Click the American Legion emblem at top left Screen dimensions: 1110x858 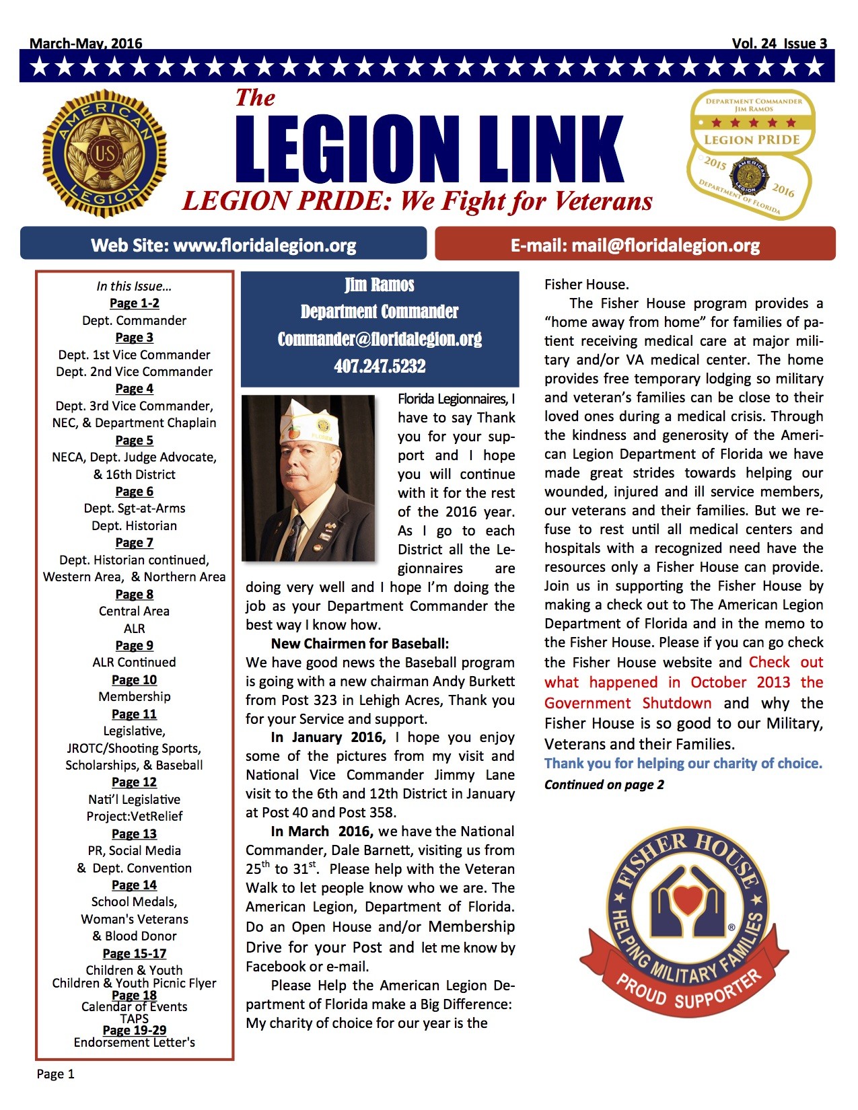104,154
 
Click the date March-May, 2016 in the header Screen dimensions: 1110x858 86,44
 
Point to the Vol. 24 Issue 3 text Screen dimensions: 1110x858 779,44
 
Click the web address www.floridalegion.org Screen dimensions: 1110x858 264,246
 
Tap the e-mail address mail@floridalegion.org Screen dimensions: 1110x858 665,246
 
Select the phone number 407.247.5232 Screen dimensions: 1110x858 380,367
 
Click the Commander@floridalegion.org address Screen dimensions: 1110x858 380,339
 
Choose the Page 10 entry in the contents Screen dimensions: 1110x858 135,679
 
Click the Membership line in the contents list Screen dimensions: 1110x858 135,696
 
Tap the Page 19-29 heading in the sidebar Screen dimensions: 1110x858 135,1030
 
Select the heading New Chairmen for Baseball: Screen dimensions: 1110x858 359,644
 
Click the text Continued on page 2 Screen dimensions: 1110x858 604,784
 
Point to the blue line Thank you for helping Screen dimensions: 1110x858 683,764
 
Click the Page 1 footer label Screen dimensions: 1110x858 56,1074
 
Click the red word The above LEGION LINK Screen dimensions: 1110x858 255,98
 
